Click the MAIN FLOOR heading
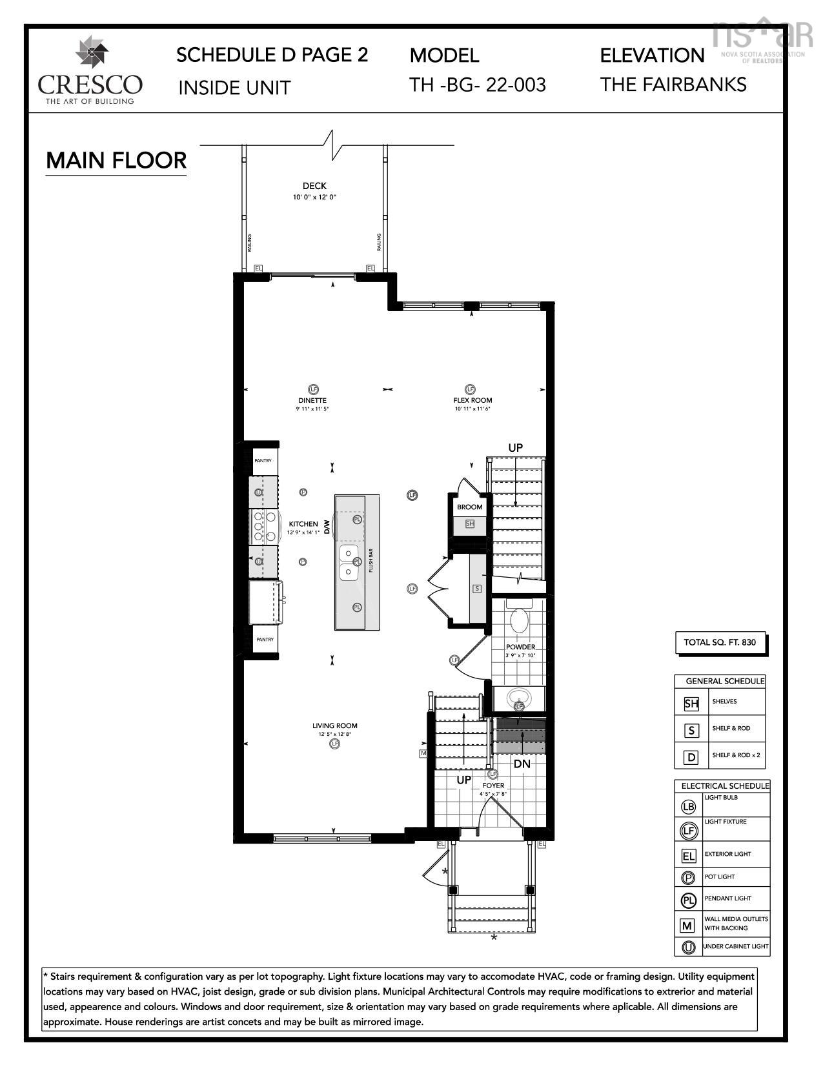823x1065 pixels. (116, 161)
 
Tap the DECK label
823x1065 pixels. (314, 186)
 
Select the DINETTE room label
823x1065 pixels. (312, 400)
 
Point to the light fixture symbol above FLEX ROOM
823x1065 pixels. (470, 389)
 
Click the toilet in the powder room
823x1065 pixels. (519, 621)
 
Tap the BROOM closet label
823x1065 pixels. (469, 507)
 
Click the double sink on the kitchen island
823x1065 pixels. (349, 562)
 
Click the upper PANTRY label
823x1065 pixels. (263, 461)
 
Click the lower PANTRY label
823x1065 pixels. (265, 640)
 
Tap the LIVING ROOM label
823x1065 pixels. (334, 725)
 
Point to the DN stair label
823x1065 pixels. (522, 764)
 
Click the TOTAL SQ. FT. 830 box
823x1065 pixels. (720, 642)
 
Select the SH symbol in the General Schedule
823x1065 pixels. (691, 704)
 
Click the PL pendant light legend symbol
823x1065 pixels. (689, 900)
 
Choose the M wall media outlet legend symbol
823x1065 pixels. (687, 926)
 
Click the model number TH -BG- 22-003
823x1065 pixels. (478, 85)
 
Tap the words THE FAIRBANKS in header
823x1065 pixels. (673, 85)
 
